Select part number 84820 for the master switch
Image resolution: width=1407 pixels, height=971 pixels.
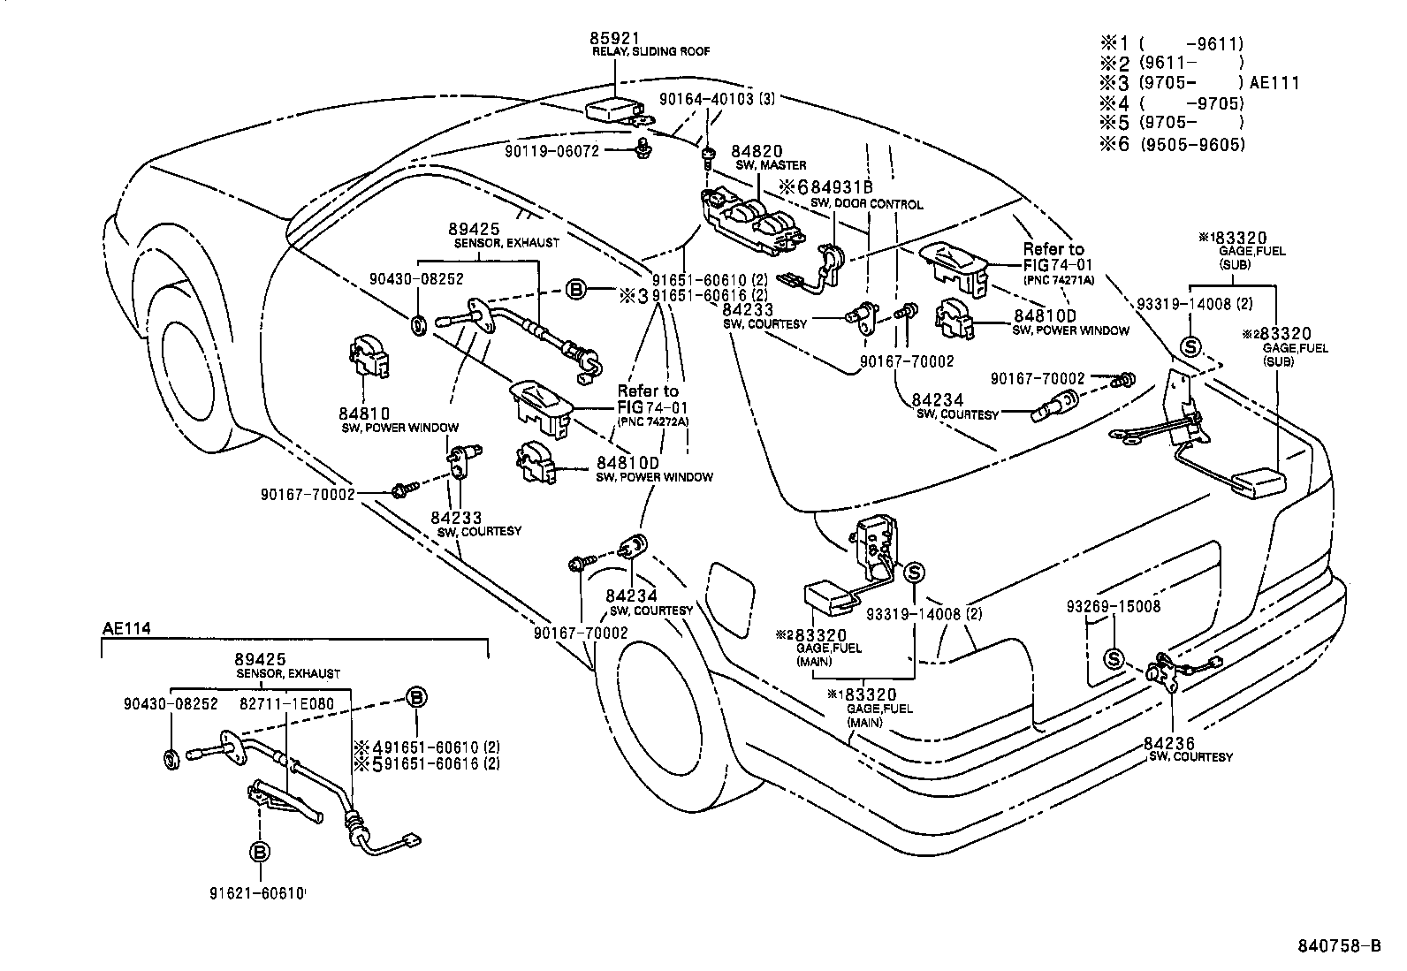[x=758, y=152]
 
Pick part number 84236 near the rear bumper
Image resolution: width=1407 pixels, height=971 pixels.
[x=1173, y=744]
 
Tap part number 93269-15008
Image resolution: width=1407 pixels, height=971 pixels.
[x=1114, y=607]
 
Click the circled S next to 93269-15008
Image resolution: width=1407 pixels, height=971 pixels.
[x=1114, y=659]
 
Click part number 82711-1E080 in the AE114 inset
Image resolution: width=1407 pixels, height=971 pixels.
[x=287, y=703]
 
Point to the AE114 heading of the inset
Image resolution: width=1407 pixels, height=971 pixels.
[x=126, y=628]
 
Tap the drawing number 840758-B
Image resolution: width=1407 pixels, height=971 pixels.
[x=1338, y=946]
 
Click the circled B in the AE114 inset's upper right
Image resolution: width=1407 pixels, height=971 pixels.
[x=414, y=696]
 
